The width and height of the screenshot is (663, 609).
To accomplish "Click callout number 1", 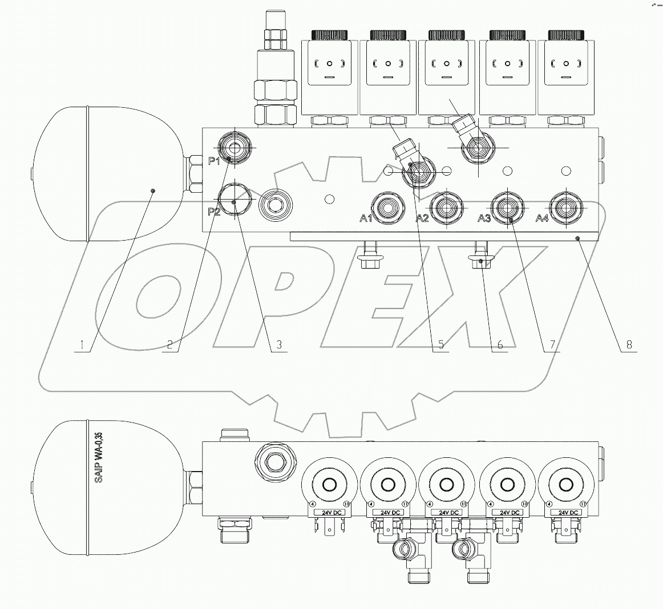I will click(82, 344).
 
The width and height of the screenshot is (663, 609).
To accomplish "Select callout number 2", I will click(169, 344).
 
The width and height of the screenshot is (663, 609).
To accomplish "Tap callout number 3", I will click(278, 344).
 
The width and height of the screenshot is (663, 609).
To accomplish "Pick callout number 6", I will click(499, 344).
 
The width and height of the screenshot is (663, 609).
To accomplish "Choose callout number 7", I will click(552, 344).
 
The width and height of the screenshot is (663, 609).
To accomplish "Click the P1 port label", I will click(214, 161).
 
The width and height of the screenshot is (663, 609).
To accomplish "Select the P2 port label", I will click(214, 212).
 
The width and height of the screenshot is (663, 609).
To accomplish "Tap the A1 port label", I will click(365, 218).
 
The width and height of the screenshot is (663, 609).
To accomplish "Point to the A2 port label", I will click(422, 218).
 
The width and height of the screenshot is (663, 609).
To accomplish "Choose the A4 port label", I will click(541, 218).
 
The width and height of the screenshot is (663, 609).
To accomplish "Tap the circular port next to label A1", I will click(387, 207).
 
